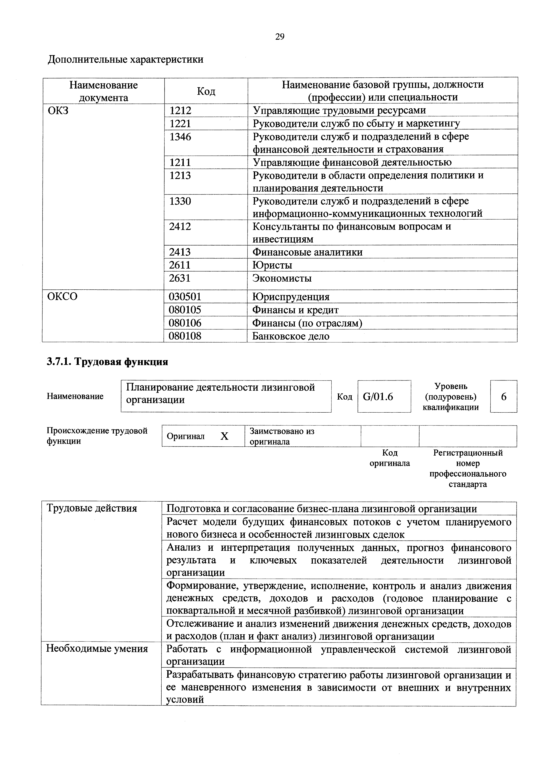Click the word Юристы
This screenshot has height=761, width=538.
tap(272, 265)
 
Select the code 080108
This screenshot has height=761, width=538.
tap(185, 336)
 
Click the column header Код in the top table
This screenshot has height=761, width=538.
tap(206, 91)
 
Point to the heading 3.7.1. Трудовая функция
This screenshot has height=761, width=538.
tap(107, 362)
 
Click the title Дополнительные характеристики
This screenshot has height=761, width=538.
tap(126, 60)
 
